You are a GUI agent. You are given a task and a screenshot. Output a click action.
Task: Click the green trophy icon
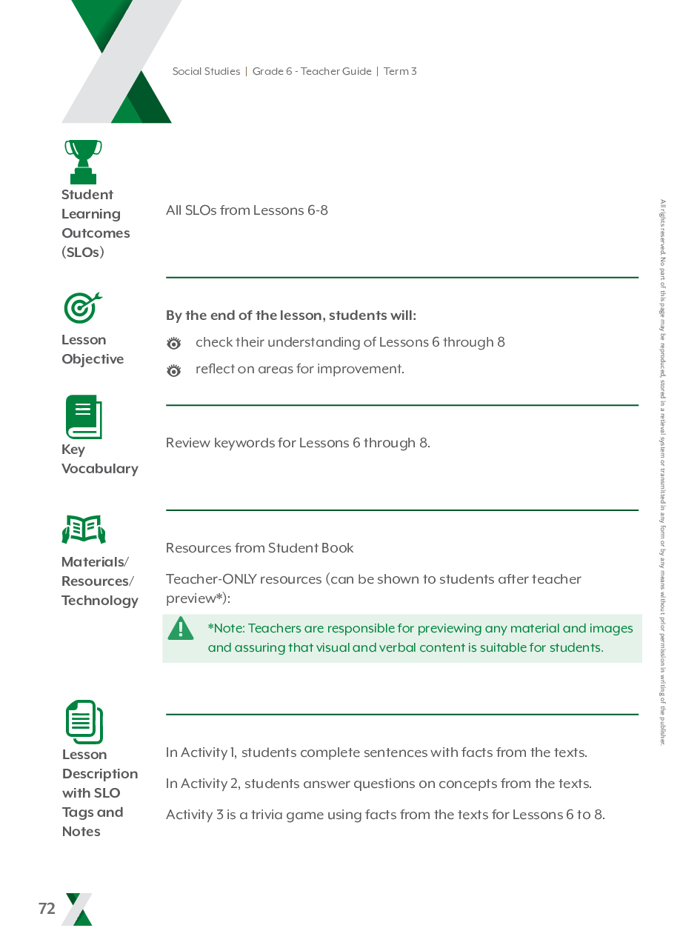(x=83, y=161)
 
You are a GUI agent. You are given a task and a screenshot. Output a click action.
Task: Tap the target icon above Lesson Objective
(x=82, y=307)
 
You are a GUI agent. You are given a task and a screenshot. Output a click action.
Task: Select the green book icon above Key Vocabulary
(x=84, y=417)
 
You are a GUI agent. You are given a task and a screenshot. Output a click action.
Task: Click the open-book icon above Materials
(x=84, y=530)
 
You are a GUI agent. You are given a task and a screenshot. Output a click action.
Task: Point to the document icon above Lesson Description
(x=84, y=722)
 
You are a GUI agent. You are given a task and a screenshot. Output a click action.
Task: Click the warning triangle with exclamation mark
(x=181, y=630)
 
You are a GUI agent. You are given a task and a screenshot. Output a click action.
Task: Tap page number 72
(x=47, y=909)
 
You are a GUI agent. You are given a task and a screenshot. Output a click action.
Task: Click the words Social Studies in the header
(x=206, y=72)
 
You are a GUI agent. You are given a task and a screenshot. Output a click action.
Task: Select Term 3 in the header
(x=400, y=72)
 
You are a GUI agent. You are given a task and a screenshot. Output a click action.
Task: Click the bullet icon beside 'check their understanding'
(x=174, y=344)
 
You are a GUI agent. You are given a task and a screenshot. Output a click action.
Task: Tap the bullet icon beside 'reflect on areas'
(x=174, y=370)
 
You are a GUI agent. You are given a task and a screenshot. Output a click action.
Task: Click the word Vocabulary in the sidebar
(x=100, y=469)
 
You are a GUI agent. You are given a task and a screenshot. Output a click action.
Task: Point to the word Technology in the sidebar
(x=100, y=601)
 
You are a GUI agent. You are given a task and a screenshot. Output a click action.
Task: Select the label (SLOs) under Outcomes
(x=83, y=253)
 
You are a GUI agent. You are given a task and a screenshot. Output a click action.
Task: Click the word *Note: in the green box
(x=226, y=629)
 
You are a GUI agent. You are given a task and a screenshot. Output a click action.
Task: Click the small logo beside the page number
(x=79, y=909)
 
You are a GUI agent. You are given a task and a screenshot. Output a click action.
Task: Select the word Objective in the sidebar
(x=93, y=359)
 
